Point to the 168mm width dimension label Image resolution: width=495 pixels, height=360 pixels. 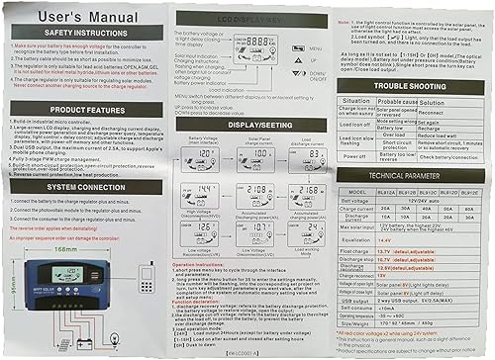tap(65, 248)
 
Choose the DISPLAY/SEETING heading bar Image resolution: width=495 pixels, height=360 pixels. tap(252, 125)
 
